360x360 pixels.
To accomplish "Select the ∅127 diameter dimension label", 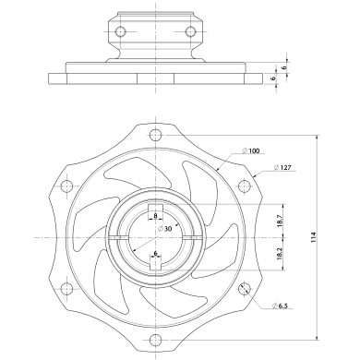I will [283, 168].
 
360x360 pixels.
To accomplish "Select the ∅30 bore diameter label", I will [162, 227].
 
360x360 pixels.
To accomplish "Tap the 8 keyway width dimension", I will [156, 214].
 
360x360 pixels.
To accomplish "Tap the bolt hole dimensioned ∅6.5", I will [244, 289].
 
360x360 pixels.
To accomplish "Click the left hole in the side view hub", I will [119, 32].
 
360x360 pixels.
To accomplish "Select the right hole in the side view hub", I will [191, 32].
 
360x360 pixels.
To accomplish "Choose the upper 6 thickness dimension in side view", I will [284, 67].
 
